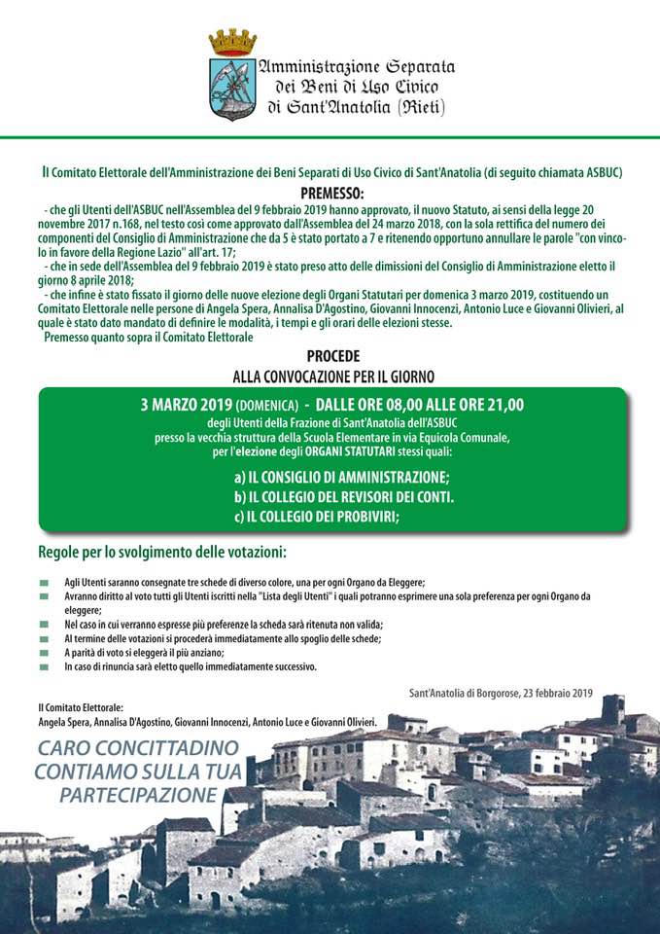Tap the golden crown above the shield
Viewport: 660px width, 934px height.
[232, 42]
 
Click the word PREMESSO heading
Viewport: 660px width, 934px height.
[331, 193]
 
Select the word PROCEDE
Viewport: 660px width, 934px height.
[332, 357]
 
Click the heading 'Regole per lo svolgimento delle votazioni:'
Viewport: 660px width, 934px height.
[162, 553]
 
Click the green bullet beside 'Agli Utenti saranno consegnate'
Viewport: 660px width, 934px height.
[44, 582]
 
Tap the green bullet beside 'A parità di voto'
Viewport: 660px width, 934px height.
[44, 653]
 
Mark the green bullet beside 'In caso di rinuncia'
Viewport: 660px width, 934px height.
[44, 667]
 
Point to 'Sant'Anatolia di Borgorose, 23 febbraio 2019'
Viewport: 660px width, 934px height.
[501, 693]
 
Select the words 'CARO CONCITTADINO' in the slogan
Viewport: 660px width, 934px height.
[137, 749]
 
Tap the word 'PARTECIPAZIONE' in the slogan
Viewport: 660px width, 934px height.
[137, 795]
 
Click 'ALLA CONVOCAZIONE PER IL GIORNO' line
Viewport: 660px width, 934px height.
[332, 375]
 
